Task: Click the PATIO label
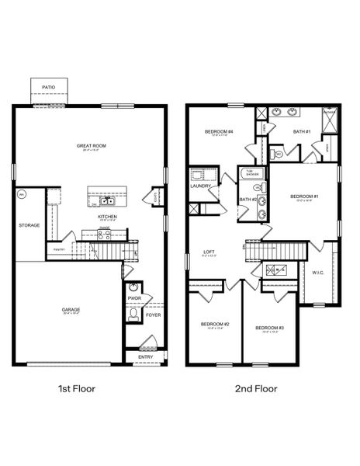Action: click(48, 88)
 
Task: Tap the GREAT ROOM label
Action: click(90, 145)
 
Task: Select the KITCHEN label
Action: click(107, 217)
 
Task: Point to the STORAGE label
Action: click(29, 226)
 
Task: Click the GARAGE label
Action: click(71, 309)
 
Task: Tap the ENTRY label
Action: click(146, 356)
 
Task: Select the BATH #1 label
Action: click(302, 132)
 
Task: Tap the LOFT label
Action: click(209, 251)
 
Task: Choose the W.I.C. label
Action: click(317, 273)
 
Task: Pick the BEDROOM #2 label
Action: click(214, 324)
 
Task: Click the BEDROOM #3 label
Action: click(269, 328)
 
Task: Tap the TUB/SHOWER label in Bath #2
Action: click(251, 173)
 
